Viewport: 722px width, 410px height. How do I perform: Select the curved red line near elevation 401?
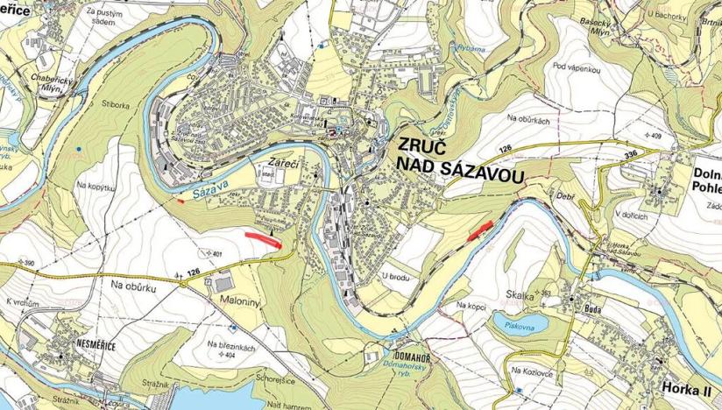264,238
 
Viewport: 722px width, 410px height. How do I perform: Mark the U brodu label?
396,278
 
